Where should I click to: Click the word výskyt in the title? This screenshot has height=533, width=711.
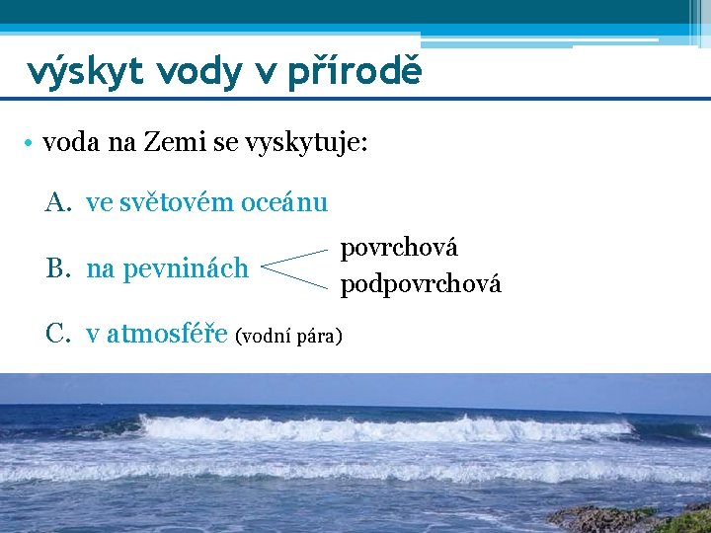pos(80,70)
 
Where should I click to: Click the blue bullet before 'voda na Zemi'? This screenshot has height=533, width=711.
pos(33,144)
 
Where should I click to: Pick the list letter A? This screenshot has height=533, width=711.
pos(56,203)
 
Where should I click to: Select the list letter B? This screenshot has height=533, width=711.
pos(56,267)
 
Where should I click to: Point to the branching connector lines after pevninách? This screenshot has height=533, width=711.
pos(296,268)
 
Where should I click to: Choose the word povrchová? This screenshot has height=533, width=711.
pos(399,248)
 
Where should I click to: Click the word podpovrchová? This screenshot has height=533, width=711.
pos(421,285)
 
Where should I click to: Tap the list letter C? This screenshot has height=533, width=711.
pos(56,335)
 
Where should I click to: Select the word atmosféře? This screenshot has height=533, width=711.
pos(167,335)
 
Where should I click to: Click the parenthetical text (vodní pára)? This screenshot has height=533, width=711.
pos(289,338)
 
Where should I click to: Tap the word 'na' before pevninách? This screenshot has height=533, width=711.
pos(99,268)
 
